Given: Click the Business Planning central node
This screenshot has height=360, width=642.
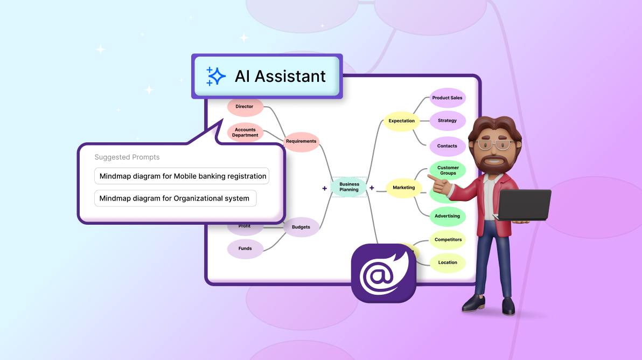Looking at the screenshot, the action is pos(349,187).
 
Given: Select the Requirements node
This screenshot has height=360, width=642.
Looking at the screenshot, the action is pos(302,142).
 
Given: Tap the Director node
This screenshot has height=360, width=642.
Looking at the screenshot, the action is pos(245,107).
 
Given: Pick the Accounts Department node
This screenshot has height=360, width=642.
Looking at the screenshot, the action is pos(245,132).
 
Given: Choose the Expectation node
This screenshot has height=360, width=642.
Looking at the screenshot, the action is pos(402,121).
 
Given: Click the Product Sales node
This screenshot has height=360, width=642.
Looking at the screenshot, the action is pos(447,98).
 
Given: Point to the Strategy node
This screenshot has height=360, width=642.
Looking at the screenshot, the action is pos(447,121).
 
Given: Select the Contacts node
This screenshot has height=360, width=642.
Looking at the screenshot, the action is pos(447,146).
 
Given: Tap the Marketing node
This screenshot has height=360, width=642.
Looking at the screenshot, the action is pos(404,188).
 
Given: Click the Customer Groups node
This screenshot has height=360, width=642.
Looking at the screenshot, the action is pos(448,170).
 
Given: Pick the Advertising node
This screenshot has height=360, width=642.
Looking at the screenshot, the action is pos(448,216).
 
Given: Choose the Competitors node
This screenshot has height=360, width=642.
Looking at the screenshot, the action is pos(448,240).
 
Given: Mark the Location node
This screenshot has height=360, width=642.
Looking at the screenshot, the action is pos(448,263).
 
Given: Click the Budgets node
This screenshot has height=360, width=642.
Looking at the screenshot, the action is pos(302,227).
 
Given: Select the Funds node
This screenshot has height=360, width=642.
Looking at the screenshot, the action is pos(245,248).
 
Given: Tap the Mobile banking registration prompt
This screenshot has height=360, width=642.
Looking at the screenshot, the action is pos(182,176).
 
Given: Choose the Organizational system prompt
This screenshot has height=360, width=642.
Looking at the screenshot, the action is pos(175,198).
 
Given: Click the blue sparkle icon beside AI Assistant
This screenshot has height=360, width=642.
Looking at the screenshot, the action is pos(215,76).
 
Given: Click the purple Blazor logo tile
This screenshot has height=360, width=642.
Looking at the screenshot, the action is pos(383,273).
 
